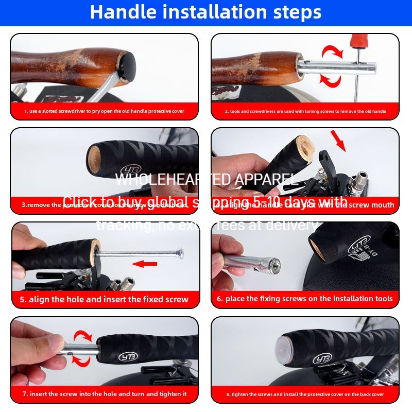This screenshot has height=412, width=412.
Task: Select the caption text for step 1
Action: pos(104,111)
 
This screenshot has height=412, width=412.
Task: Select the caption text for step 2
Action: pos(305,111)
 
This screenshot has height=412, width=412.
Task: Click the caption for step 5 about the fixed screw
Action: pos(104,299)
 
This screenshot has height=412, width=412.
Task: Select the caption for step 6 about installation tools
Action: pos(305,299)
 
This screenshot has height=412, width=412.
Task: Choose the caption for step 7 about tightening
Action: pos(104,394)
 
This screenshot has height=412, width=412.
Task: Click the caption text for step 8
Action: pos(305,394)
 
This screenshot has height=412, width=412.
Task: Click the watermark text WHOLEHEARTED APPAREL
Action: pos(206,179)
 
